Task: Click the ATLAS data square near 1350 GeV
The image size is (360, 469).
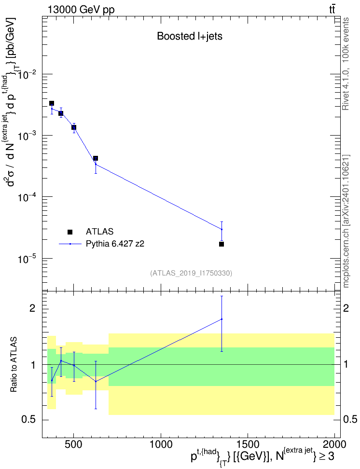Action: coord(222,244)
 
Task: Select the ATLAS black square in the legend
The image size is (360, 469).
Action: coord(70,232)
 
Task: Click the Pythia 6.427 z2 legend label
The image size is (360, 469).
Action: coord(115,244)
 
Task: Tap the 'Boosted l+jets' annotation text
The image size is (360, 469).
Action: coord(190,36)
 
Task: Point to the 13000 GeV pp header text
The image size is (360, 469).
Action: coord(81,10)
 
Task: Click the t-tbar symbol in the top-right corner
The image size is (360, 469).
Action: coord(332,10)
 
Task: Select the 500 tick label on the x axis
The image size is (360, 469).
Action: coord(73,444)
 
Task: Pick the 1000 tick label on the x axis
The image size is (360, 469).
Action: coord(161,444)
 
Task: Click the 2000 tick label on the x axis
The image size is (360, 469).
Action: coord(334,444)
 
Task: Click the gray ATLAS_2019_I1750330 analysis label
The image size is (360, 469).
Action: coord(191,273)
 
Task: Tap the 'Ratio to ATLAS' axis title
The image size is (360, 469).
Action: coord(14,365)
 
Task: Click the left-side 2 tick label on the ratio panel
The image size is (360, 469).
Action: coord(32,308)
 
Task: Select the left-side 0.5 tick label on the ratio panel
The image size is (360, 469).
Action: coord(29,420)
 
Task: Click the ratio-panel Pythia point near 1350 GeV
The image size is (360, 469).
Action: coord(222,319)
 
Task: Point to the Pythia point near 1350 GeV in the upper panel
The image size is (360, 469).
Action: coord(222,229)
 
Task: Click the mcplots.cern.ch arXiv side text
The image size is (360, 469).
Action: coord(346,221)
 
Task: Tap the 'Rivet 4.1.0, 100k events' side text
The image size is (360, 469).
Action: coord(346,64)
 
